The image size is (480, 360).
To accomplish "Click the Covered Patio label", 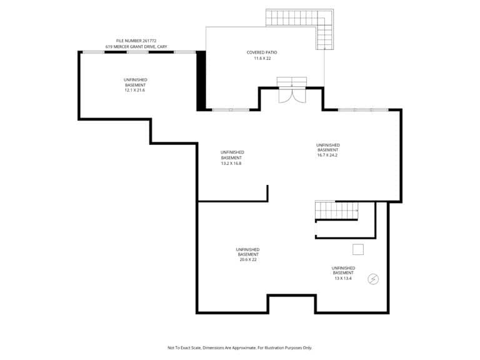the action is tap(262, 52).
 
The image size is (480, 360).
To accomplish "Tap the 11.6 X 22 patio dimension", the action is tap(262, 58).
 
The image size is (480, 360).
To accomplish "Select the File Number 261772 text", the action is tap(136, 41).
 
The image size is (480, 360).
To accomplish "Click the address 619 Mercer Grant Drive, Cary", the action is tap(136, 46).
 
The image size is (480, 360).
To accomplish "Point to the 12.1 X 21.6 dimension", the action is tap(135, 90).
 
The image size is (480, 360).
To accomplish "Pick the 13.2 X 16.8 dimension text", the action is tap(231, 164).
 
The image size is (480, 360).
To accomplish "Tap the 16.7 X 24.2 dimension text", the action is tap(327, 155).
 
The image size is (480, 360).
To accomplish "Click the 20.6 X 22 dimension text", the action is tap(248, 259).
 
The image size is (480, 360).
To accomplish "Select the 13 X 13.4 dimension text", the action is tap(343, 278).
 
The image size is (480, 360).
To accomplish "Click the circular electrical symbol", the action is tap(373, 279).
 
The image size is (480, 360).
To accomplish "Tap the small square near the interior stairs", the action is tap(358, 249).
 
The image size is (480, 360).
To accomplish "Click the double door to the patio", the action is tap(292, 95).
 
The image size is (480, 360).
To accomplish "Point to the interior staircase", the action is tap(337, 210).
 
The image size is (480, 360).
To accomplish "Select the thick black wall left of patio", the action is tap(201, 81).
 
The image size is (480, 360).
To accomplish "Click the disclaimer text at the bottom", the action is tap(240, 347).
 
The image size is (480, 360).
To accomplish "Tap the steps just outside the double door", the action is tap(292, 82).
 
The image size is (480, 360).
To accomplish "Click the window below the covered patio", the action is tap(231, 109).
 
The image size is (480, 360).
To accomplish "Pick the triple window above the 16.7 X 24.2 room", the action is tap(363, 109).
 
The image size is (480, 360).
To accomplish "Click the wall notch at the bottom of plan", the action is tap(292, 296).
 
